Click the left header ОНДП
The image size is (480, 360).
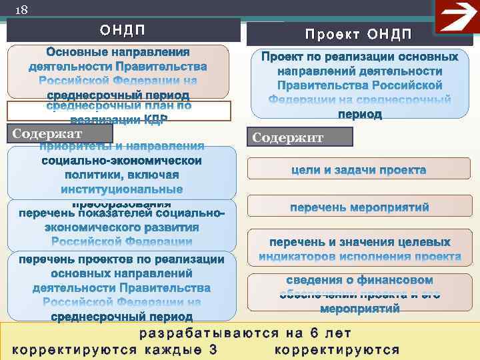(x=123, y=30)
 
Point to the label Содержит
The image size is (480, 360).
(x=288, y=137)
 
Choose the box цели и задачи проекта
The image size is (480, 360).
(x=359, y=170)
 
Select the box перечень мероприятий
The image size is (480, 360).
(x=359, y=207)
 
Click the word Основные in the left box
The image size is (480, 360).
(x=73, y=52)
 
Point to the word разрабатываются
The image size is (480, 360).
(x=203, y=333)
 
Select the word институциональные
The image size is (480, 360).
(x=121, y=189)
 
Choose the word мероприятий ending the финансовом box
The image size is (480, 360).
(x=359, y=309)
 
